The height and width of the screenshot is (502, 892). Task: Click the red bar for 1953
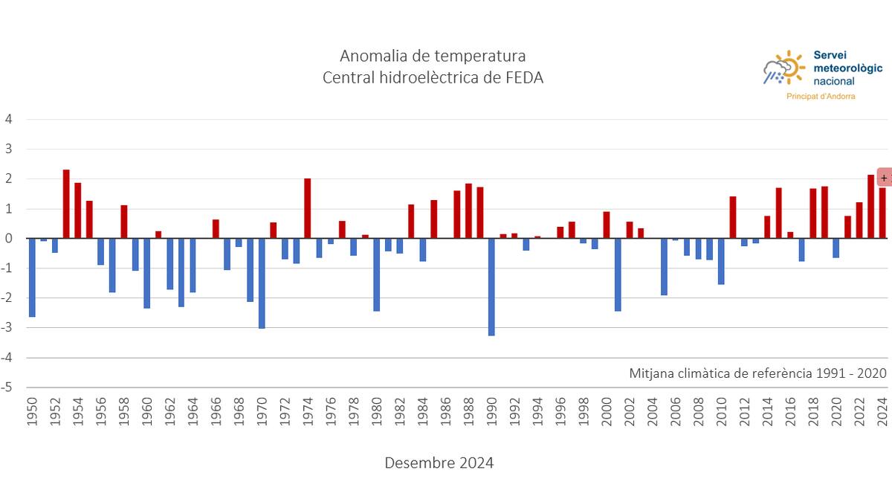[x=66, y=205]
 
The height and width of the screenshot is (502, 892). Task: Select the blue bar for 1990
[x=492, y=287]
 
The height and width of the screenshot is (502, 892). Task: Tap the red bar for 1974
[x=308, y=208]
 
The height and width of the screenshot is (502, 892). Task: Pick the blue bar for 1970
[x=262, y=283]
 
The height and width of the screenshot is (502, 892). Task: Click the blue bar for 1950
[x=32, y=277]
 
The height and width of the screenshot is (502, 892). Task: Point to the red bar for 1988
[x=468, y=211]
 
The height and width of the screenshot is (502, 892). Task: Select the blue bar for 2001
[x=618, y=274]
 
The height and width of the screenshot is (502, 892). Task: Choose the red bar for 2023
[x=870, y=207]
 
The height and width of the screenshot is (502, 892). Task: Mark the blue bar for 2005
[x=664, y=267]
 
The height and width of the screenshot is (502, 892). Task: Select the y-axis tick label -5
[x=7, y=387]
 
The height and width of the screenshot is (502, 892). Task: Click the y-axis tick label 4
[x=9, y=119]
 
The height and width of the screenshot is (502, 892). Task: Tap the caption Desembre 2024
[x=439, y=463]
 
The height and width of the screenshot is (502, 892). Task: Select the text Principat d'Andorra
[x=821, y=97]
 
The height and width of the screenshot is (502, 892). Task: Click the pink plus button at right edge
[x=884, y=178]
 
